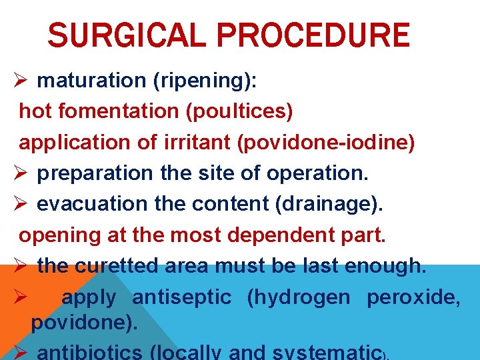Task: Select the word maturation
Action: point(92,81)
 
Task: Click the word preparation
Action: point(95,173)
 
